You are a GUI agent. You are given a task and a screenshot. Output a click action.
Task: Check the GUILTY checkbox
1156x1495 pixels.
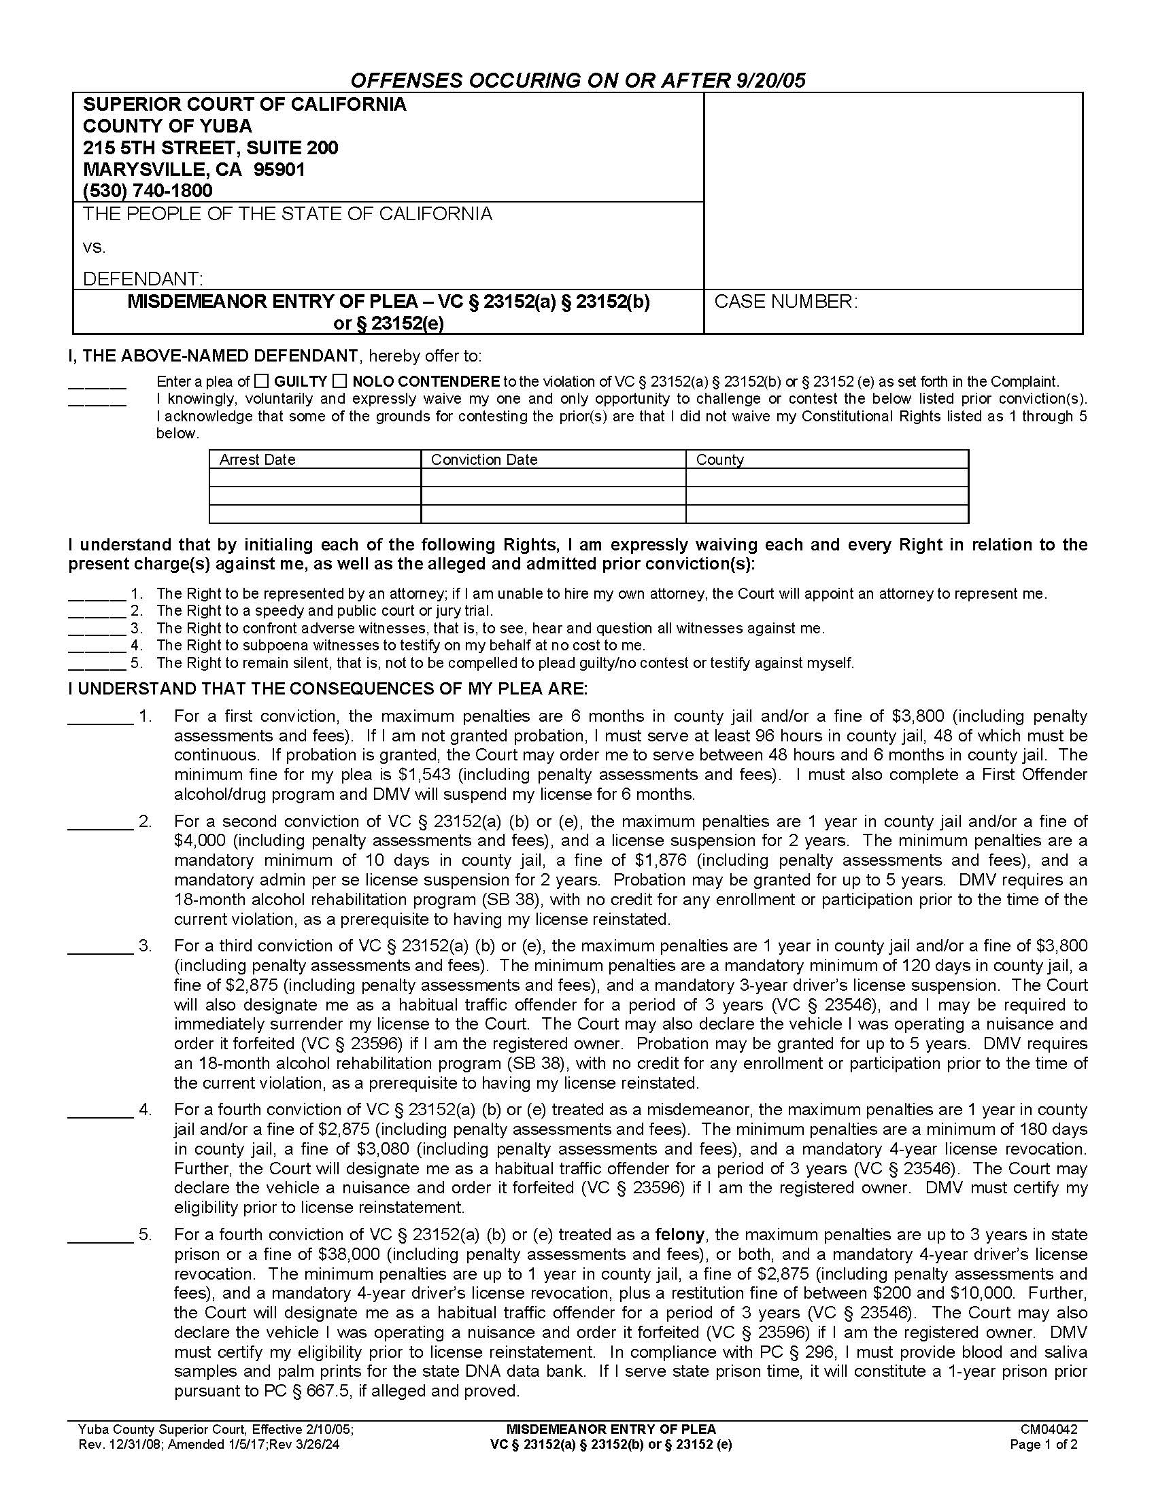click(x=261, y=381)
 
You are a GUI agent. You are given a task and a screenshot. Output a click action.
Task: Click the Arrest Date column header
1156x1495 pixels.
click(x=257, y=459)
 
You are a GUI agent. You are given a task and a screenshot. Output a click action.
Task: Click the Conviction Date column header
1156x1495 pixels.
click(x=483, y=459)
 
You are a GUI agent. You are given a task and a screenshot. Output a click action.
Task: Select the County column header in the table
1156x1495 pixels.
click(x=719, y=459)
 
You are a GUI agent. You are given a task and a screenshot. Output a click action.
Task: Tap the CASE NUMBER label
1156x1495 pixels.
click(x=785, y=302)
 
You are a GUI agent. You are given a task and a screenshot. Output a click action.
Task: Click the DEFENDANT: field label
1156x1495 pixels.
click(x=142, y=279)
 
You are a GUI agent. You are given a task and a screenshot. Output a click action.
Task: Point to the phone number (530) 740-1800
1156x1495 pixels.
click(x=148, y=190)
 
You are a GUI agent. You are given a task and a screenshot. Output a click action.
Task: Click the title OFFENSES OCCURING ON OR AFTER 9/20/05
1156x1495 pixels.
click(x=577, y=81)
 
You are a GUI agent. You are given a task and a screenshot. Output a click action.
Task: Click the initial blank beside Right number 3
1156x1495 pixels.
click(x=97, y=628)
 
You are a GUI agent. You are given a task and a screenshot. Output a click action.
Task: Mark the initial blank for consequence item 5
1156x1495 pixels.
click(x=100, y=1235)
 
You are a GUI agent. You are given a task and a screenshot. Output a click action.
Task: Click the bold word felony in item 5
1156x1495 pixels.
click(x=679, y=1235)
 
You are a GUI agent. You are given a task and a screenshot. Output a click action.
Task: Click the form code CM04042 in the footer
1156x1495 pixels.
click(x=1049, y=1429)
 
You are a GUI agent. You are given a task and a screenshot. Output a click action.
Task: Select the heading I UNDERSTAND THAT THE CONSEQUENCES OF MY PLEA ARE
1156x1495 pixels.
click(x=327, y=688)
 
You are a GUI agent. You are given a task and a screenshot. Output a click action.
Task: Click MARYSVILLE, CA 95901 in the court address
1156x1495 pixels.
click(x=194, y=169)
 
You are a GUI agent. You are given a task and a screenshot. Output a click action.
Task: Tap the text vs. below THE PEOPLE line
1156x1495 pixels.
click(x=95, y=247)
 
